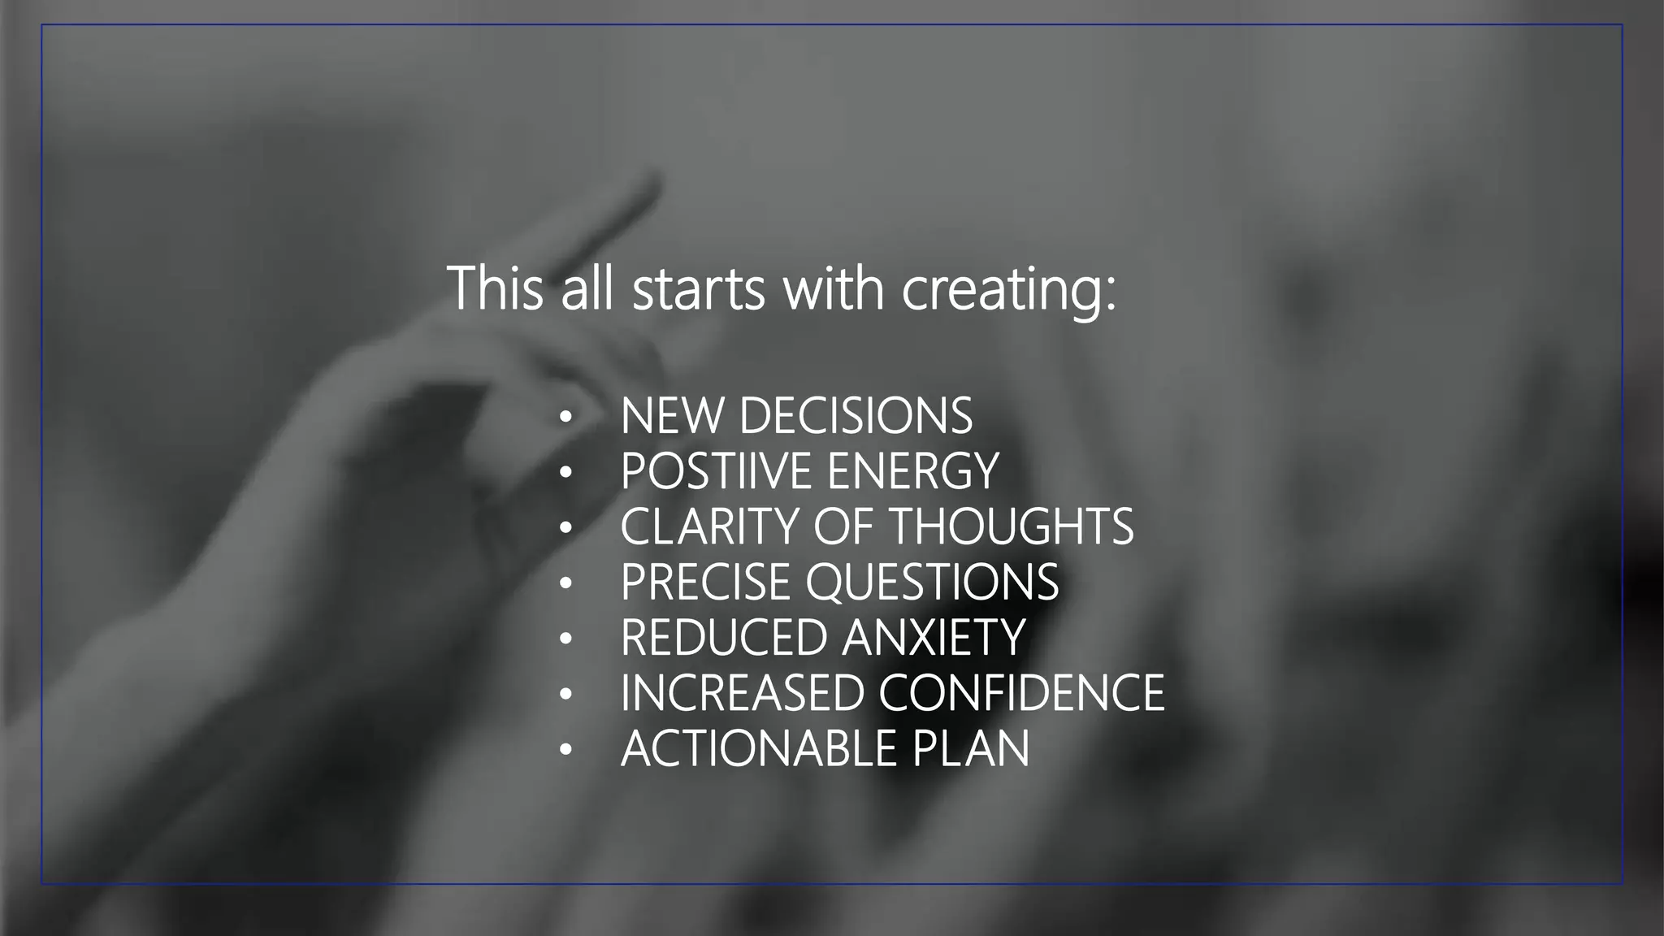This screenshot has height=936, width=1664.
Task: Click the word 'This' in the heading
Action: coord(495,288)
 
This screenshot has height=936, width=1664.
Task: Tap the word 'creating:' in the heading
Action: coord(1009,290)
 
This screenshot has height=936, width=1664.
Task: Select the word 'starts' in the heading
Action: coord(698,290)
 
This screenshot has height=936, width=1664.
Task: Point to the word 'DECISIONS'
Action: coord(856,416)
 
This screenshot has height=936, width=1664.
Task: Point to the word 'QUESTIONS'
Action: coord(932,582)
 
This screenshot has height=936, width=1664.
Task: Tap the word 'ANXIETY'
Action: coord(934,637)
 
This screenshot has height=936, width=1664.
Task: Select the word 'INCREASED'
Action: coord(741,692)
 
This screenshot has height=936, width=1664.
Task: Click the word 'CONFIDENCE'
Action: coord(1021,692)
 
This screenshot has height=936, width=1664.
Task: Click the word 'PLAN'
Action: coord(970,747)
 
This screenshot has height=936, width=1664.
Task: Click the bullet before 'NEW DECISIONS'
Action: coord(566,418)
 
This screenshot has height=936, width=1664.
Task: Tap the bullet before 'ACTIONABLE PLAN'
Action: coord(566,749)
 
